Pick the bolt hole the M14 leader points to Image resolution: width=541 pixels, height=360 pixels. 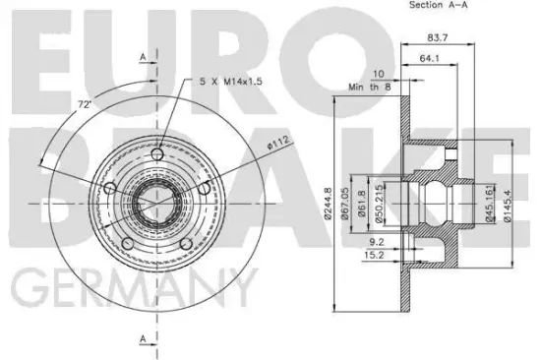click(x=159, y=155)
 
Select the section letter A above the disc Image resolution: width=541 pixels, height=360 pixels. click(x=144, y=58)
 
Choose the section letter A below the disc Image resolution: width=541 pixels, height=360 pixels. click(x=144, y=339)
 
